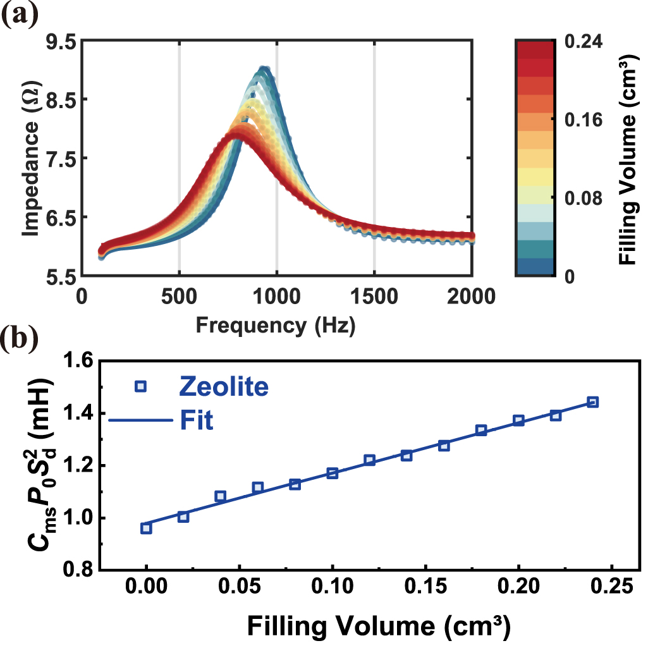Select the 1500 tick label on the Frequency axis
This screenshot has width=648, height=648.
point(374,297)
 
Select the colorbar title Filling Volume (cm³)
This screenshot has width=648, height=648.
point(627,158)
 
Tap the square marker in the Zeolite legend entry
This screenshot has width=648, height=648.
point(140,386)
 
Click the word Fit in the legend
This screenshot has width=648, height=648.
point(195,420)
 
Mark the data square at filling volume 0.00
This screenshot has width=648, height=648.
point(146,528)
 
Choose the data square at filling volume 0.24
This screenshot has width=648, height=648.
point(593,402)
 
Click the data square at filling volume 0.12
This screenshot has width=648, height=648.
point(370,460)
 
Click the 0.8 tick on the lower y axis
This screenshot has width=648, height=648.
point(80,570)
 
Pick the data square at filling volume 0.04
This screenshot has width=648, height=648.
point(221,496)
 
